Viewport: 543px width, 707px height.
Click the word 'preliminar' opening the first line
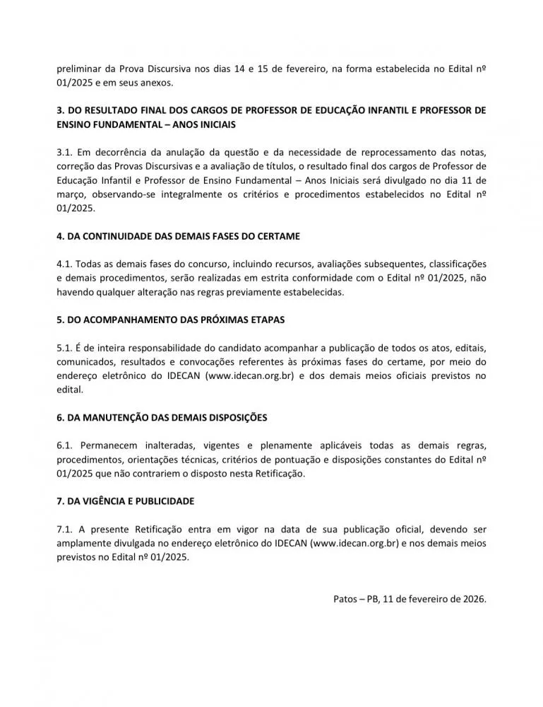78,69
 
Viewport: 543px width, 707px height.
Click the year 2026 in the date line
475,598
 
